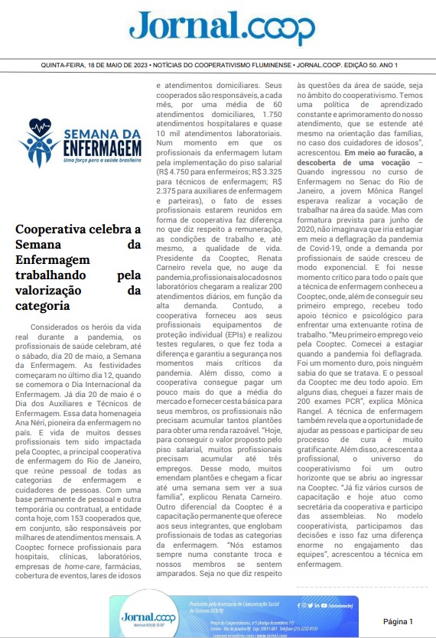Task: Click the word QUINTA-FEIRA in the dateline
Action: pyautogui.click(x=64, y=66)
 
